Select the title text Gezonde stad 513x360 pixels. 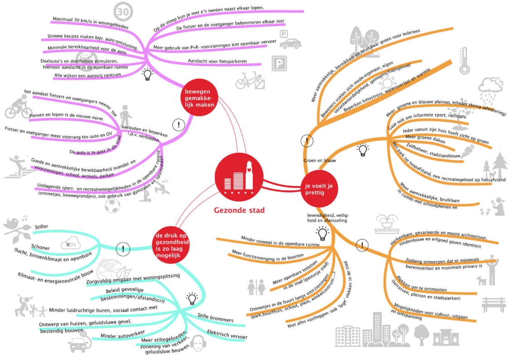coord(239,210)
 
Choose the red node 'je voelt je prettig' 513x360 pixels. coord(319,189)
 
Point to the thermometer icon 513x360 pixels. coord(465,61)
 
